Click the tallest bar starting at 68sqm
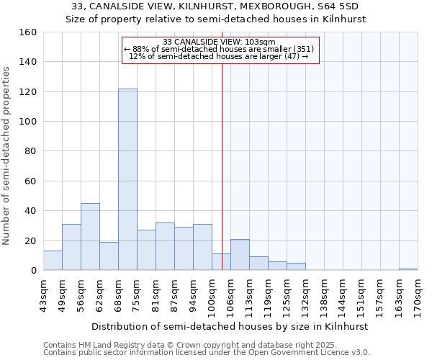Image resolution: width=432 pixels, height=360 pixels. coord(127,179)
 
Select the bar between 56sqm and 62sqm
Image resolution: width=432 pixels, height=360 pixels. coord(90,237)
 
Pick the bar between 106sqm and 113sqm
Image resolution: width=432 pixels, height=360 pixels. coord(240,255)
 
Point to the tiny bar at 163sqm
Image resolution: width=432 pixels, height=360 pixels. coord(408,269)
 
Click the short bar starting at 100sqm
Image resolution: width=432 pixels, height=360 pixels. coord(221,262)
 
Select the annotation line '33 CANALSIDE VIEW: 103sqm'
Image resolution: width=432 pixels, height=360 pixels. coord(219,42)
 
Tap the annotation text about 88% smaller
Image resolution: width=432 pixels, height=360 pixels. coord(219,50)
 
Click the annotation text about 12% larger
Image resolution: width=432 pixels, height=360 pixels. coord(219,57)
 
